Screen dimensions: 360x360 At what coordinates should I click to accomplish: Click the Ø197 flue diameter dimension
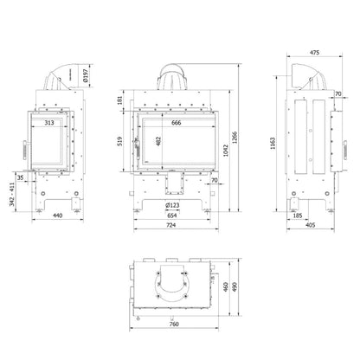coord(86,75)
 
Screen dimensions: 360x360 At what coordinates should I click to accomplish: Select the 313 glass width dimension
coord(49,123)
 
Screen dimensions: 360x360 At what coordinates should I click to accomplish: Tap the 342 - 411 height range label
coord(12,194)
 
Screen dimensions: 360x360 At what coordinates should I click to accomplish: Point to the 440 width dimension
coord(58,215)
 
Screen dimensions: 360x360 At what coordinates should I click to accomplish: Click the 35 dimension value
coord(20,177)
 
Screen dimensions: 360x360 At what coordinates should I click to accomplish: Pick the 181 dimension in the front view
coord(120,100)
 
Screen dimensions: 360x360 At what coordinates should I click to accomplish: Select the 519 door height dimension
coord(120,141)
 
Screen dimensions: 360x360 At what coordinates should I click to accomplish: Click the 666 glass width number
coord(177,123)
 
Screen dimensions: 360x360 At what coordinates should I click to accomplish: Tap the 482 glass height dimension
coord(158,141)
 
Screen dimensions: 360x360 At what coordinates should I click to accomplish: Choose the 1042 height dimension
coord(226,151)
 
